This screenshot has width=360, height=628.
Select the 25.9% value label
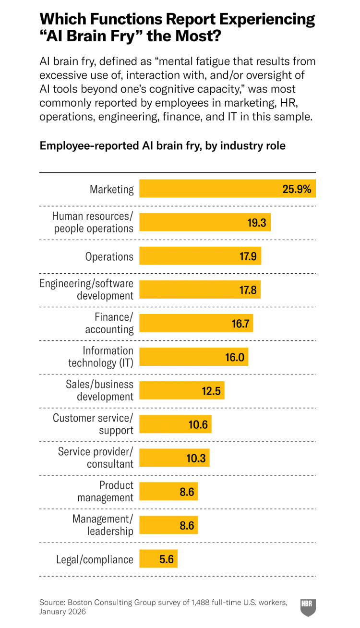coord(296,189)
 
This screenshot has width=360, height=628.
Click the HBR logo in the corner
coord(308,607)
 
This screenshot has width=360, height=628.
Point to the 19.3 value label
coord(256,223)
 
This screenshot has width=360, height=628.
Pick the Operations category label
coord(109,256)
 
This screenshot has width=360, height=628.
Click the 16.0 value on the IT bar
coord(235,357)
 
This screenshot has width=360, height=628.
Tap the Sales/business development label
coord(99,390)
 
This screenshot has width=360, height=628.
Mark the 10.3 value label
coord(196,458)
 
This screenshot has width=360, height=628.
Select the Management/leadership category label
coord(103,525)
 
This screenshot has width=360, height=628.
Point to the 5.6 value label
coord(167,559)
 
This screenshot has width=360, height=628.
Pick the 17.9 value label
coord(248,256)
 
